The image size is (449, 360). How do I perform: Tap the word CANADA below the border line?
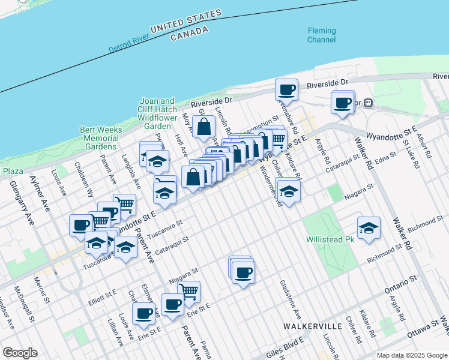click(190, 35)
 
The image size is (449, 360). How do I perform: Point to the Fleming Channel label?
click(322, 35)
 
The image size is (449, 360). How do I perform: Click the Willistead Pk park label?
click(331, 239)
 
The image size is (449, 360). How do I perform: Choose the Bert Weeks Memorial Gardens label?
click(101, 138)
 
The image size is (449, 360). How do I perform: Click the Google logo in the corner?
click(20, 353)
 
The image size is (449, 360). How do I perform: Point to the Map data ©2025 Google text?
click(411, 355)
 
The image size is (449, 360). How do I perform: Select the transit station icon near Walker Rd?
click(369, 103)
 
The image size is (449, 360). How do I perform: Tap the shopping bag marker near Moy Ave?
click(204, 127)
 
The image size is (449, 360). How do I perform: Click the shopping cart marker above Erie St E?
click(189, 292)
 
